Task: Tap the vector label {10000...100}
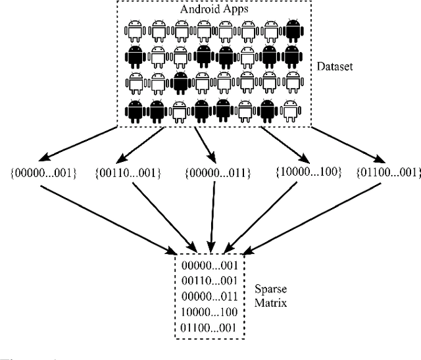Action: coord(297,172)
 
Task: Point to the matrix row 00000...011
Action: coord(211,296)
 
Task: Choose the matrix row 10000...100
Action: coord(211,311)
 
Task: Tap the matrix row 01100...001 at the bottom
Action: coord(211,327)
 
